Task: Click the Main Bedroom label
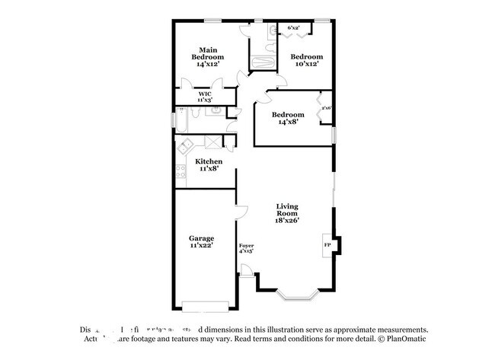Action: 207,53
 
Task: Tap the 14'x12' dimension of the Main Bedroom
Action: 207,65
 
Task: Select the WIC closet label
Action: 205,94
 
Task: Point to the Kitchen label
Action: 209,161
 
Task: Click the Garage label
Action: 202,237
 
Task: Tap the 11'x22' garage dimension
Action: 202,246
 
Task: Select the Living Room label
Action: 287,209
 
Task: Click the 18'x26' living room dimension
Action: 287,221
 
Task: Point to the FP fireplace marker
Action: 327,245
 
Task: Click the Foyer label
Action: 246,245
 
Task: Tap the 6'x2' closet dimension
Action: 293,28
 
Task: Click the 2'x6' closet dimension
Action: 325,108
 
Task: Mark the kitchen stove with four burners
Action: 180,171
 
